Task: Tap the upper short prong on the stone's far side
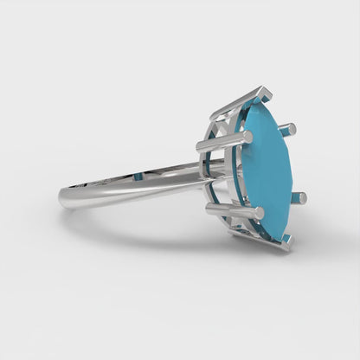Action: point(290,129)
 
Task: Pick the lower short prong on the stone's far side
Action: point(300,198)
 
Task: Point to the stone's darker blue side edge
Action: point(247,173)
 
